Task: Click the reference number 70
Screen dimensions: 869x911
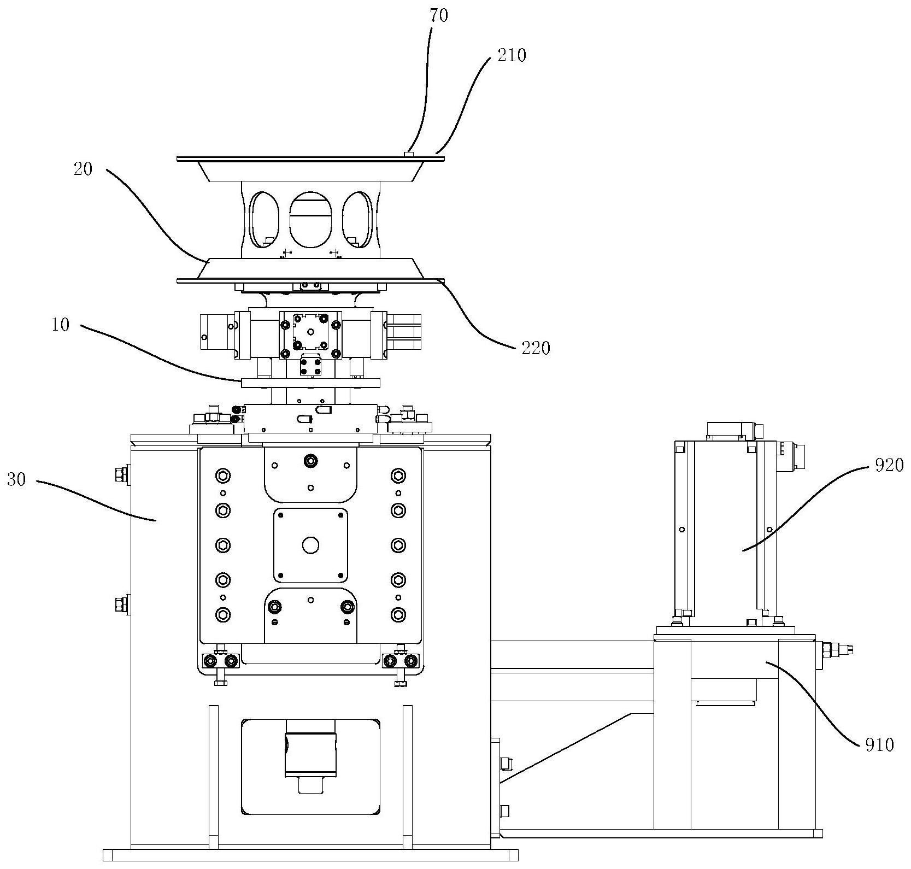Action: [439, 16]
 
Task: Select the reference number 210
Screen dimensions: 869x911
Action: [512, 56]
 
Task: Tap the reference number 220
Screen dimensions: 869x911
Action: [536, 348]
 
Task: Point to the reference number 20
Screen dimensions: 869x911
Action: [84, 169]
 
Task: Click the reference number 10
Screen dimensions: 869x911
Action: [61, 325]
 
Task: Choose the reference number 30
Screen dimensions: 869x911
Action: [16, 480]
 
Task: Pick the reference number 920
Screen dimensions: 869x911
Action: [889, 465]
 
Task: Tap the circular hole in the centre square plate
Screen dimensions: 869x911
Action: [310, 545]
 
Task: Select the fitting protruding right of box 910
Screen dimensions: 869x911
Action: [834, 650]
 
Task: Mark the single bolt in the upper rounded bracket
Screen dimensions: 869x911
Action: [310, 461]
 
